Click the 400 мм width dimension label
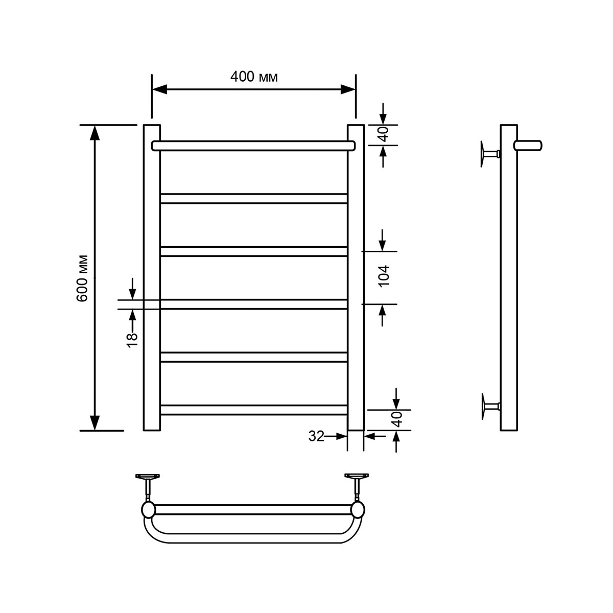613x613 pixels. point(254,77)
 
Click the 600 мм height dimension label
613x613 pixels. point(82,278)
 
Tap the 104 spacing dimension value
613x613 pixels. point(384,276)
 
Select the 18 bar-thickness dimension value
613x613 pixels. point(132,340)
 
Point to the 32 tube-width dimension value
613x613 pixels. point(316,436)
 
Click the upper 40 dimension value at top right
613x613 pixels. point(384,134)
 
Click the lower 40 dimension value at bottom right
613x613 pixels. point(397,419)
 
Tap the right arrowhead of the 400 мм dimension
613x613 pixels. point(348,89)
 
